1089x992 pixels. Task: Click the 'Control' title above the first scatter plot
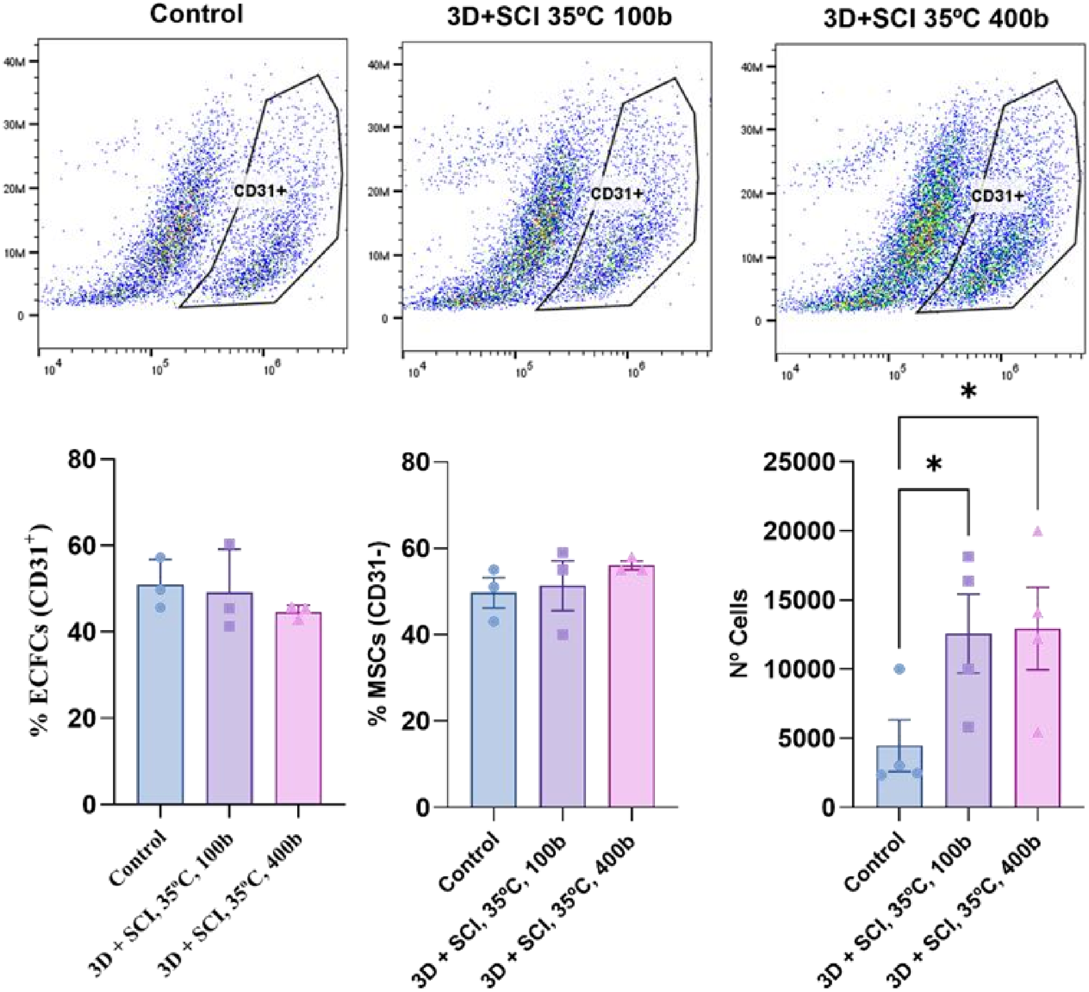[x=196, y=13]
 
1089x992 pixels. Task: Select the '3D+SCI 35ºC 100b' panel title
[x=560, y=16]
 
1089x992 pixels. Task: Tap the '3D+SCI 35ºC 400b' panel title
[x=936, y=19]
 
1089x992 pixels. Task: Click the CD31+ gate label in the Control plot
[x=260, y=191]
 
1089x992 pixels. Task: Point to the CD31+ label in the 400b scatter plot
[x=997, y=196]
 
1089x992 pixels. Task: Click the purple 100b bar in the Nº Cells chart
[x=968, y=720]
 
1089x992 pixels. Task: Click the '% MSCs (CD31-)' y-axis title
[x=379, y=633]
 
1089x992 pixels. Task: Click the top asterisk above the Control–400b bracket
[x=968, y=392]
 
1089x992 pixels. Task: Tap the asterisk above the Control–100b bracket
[x=934, y=464]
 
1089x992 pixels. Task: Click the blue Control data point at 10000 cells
[x=899, y=669]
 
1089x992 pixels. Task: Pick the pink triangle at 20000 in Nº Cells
[x=1037, y=531]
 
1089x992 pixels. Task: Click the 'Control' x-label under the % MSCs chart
[x=468, y=862]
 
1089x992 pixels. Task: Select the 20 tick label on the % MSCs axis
[x=415, y=721]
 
